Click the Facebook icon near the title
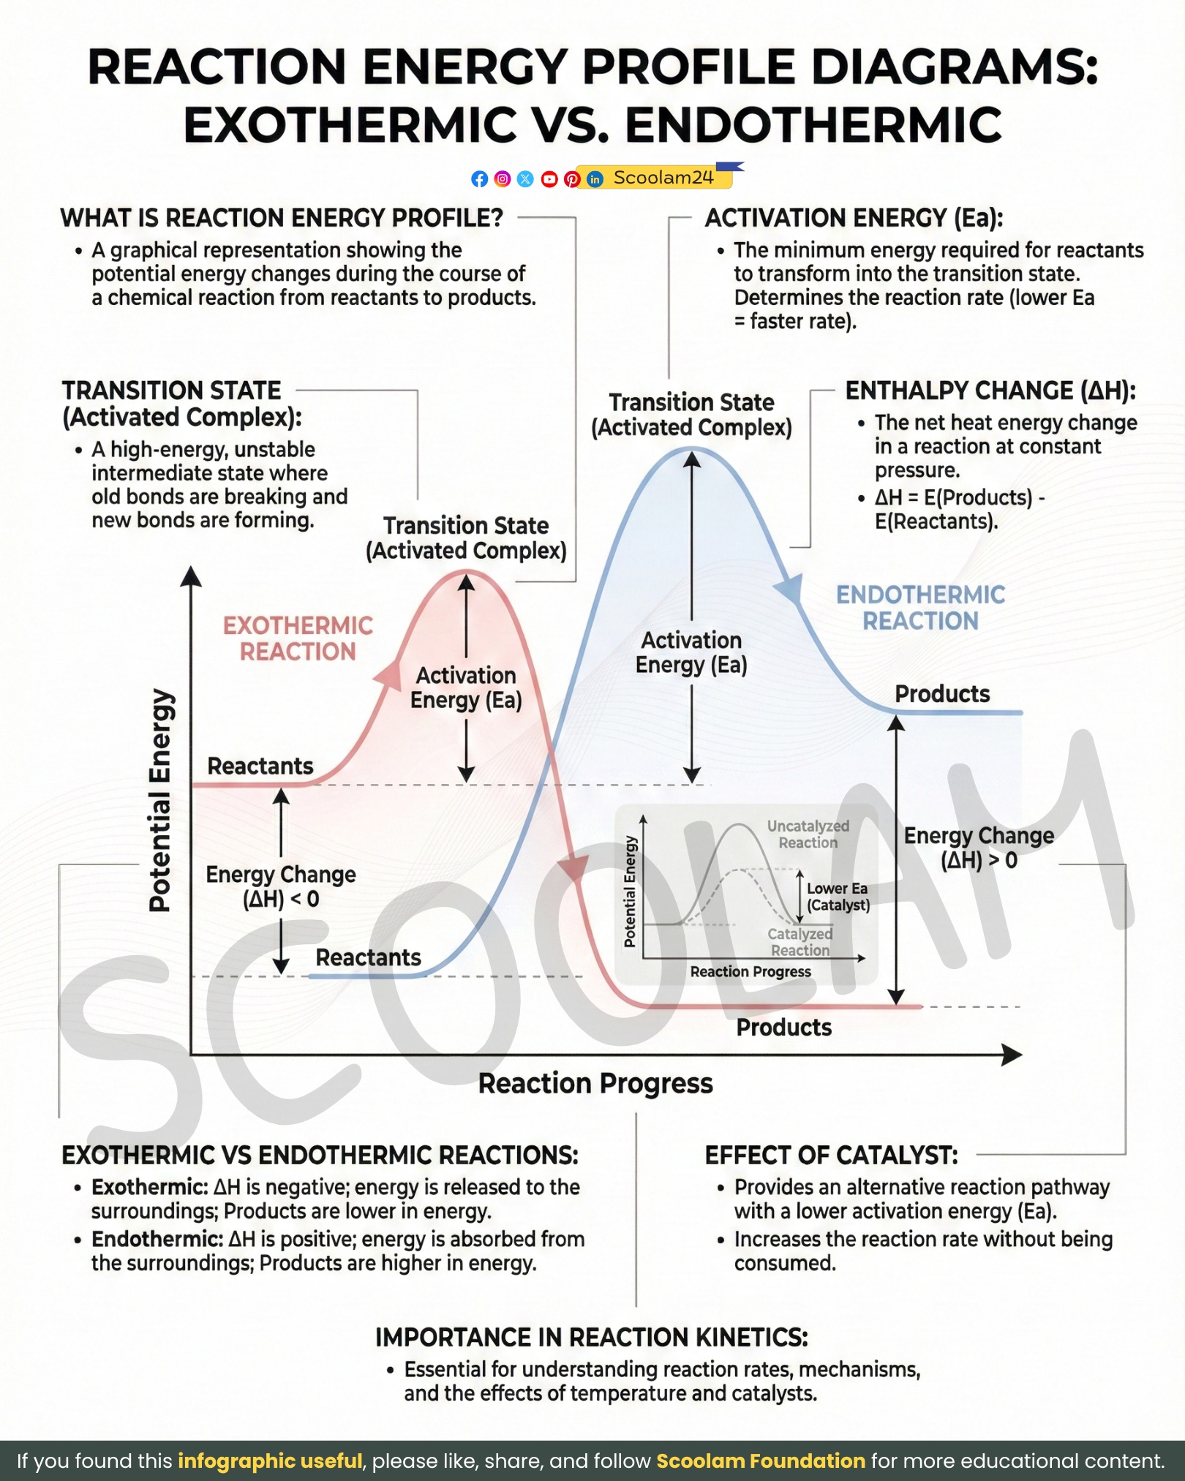pos(479,179)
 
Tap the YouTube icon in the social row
pos(549,179)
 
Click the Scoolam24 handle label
pos(663,178)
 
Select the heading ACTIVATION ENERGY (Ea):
pos(854,218)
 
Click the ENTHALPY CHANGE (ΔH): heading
pos(991,391)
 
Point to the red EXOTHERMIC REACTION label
pos(298,638)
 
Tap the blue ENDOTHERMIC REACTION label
pos(920,608)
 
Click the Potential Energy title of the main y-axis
pos(160,800)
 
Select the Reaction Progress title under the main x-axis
pos(595,1083)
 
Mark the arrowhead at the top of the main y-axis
pos(191,576)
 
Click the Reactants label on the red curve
pos(260,766)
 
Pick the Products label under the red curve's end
pos(784,1028)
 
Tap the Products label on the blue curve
pos(942,694)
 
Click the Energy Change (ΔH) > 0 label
pos(979,848)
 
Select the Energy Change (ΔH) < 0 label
pos(281,886)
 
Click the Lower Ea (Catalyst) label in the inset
pos(838,897)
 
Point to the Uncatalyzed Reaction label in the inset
pos(808,834)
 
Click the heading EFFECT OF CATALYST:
pos(831,1156)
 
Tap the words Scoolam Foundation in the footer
pos(761,1461)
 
